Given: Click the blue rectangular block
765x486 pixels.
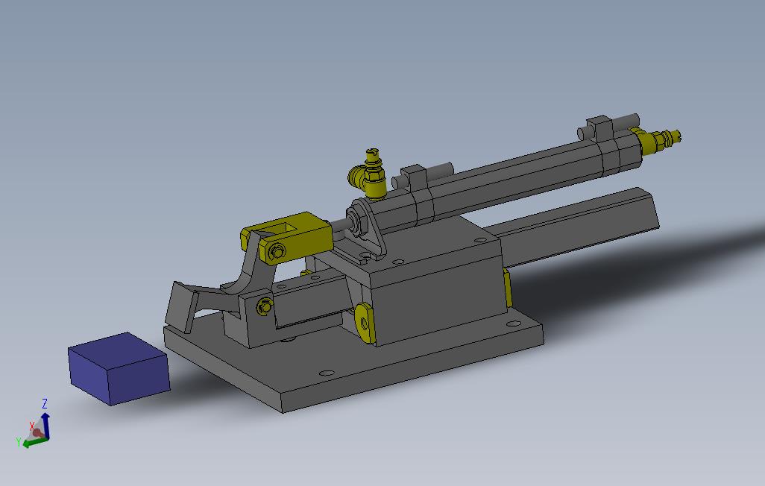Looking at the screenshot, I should [118, 368].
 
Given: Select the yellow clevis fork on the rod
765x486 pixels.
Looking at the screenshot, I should [298, 230].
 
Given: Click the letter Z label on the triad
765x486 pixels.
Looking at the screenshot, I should [45, 403].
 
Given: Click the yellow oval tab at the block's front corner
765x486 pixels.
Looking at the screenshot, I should [364, 323].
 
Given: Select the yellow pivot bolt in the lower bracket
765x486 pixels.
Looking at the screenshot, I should [264, 306].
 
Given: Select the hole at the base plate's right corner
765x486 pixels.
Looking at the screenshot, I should [514, 324].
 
